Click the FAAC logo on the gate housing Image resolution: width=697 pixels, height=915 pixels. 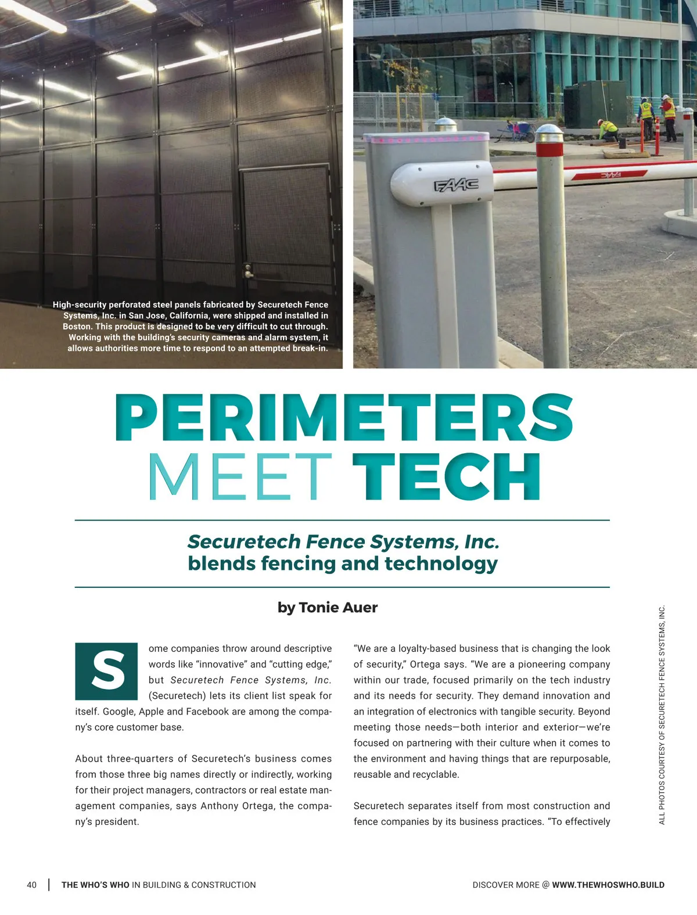click(x=457, y=185)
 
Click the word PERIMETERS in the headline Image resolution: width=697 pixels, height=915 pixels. click(x=344, y=418)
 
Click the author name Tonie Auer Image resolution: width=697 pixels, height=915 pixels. click(x=338, y=608)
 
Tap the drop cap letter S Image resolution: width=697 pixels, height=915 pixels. click(x=107, y=671)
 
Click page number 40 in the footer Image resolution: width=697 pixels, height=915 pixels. click(x=32, y=885)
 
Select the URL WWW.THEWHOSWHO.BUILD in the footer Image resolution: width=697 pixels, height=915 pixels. click(x=608, y=885)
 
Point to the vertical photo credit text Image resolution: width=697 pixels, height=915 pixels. click(x=662, y=715)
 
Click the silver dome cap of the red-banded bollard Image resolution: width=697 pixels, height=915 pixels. click(x=549, y=133)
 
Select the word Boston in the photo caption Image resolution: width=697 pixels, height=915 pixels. click(x=77, y=326)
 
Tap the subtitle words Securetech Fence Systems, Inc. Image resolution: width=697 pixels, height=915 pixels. click(x=343, y=541)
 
